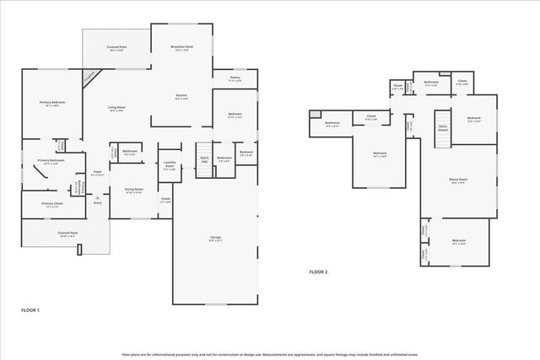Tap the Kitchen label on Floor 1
(x=181, y=96)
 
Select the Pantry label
(x=235, y=78)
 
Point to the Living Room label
(x=116, y=109)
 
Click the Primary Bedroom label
(x=52, y=104)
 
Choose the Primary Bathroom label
(x=51, y=161)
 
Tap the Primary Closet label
(x=52, y=205)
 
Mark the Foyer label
(x=97, y=175)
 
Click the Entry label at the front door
(x=97, y=202)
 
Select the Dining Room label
(x=133, y=191)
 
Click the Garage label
(x=215, y=239)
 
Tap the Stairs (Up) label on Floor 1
(x=203, y=159)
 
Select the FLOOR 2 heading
(x=317, y=272)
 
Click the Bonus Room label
(x=458, y=181)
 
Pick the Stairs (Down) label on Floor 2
(x=442, y=127)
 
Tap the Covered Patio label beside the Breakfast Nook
(x=116, y=49)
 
